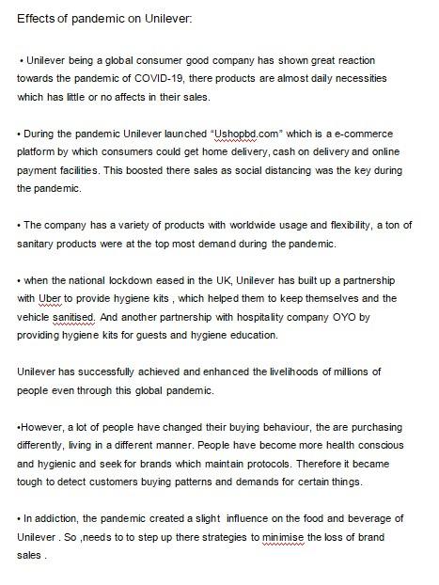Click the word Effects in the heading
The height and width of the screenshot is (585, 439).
click(x=37, y=18)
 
